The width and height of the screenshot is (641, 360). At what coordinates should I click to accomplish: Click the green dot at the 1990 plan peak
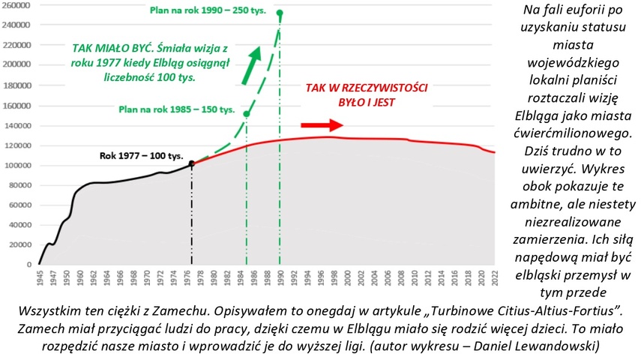280,13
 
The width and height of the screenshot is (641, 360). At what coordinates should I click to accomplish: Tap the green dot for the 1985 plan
247,114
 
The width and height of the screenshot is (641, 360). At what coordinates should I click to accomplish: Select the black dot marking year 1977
192,163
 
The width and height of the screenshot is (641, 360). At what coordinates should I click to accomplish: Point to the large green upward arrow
253,65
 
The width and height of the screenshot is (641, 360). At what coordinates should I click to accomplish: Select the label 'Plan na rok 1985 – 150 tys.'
177,109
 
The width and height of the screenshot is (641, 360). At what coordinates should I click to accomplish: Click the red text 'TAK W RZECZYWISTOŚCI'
365,88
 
